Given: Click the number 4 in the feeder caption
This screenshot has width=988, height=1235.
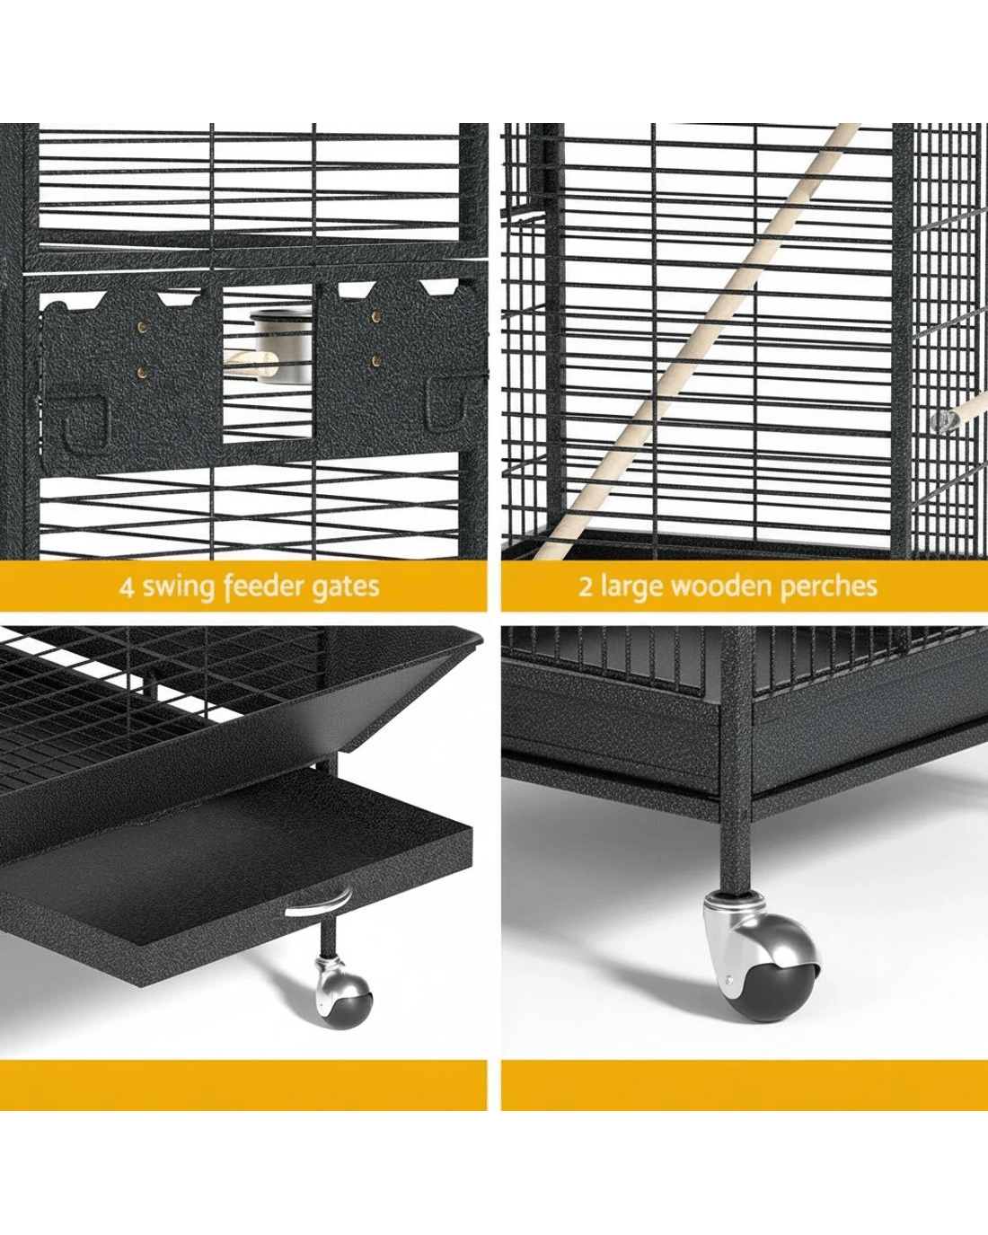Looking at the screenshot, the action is click(x=127, y=587).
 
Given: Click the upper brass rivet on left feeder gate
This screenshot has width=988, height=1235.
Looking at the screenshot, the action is click(x=143, y=328).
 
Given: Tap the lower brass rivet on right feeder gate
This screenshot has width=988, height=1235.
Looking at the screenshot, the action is click(x=376, y=360).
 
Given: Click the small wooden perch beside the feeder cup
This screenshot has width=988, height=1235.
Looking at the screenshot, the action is click(x=251, y=364).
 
